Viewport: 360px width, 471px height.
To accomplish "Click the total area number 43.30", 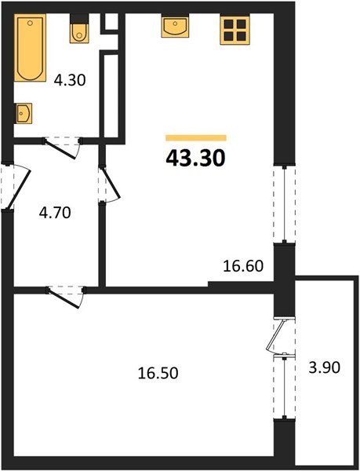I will pos(195,159).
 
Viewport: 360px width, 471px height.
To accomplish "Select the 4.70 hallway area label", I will pos(55,213).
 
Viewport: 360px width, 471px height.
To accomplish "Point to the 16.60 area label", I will pos(243,268).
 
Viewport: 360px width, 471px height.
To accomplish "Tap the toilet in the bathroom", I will pos(78,31).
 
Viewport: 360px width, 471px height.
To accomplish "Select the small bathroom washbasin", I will pos(24,114).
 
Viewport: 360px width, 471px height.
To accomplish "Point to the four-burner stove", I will pos(233,29).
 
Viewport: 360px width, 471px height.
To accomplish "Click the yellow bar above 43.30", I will pos(195,137).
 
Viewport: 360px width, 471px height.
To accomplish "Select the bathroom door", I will pos(63,144).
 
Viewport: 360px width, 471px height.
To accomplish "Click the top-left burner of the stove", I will pos(227,24).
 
